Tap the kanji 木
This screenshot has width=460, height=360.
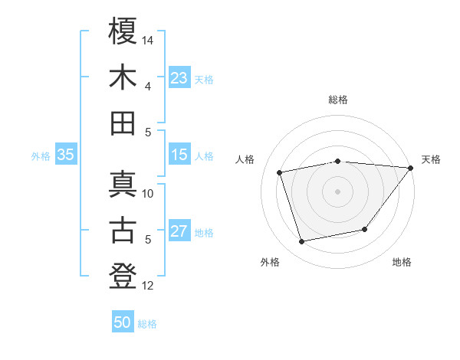tap(123, 77)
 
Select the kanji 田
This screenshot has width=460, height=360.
tap(123, 123)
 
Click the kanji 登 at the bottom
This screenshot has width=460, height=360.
tap(123, 277)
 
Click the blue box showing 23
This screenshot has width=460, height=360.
tap(179, 78)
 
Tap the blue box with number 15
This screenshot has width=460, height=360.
tap(179, 155)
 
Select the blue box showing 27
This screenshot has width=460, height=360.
tap(179, 232)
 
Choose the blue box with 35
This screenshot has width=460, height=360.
tap(65, 155)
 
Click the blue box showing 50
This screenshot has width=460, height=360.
tap(123, 323)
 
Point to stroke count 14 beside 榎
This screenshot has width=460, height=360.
tap(148, 39)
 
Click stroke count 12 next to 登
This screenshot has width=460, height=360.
tap(148, 286)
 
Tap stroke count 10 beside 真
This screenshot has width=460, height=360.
tap(148, 193)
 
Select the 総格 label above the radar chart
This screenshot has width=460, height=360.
tap(338, 100)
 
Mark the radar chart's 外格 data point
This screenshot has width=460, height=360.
tap(302, 241)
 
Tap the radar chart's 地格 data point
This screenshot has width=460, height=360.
tap(365, 229)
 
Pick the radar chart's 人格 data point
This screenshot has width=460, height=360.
tap(280, 172)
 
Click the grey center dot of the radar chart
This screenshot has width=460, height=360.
tap(337, 191)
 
